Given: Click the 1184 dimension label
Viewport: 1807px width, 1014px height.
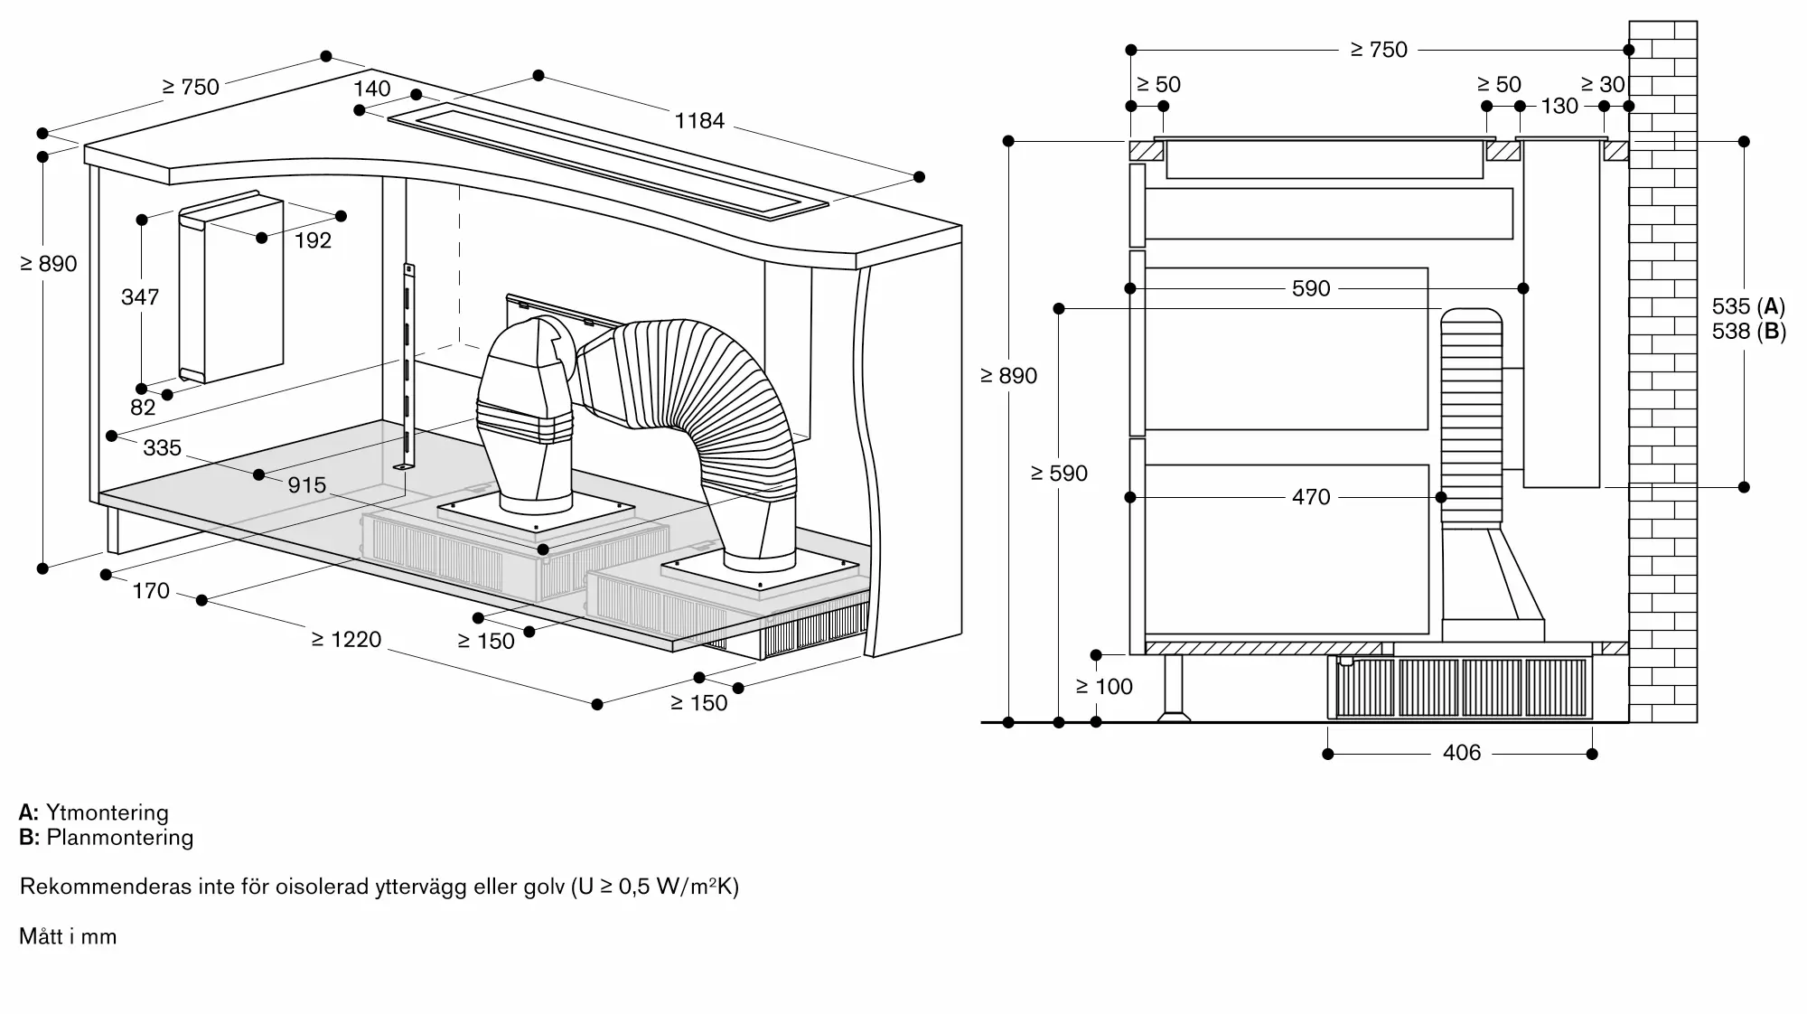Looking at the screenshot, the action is [699, 120].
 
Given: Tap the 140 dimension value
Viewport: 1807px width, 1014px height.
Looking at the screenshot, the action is [372, 89].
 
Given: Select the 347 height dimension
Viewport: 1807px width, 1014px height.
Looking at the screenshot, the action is [140, 296].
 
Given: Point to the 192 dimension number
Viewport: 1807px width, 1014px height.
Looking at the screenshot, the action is [314, 240].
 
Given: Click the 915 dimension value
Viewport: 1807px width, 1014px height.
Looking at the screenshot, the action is [307, 485].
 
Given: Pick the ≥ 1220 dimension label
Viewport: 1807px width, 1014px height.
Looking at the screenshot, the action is [347, 640].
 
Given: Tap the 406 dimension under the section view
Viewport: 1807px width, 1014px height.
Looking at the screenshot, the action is [1462, 753].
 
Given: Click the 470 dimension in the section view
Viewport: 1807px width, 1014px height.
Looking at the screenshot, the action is [1311, 497].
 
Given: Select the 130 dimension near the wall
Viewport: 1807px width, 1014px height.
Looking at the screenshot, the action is [1559, 106].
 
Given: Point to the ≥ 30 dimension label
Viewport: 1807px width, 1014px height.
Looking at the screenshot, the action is [1604, 84].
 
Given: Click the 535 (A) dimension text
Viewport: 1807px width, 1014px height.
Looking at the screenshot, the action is [1749, 306].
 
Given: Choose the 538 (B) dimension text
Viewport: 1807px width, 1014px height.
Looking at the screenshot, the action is [1749, 332].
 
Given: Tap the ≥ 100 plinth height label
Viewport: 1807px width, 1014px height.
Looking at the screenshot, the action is [1104, 687].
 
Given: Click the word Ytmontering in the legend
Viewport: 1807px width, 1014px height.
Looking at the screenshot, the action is [108, 812].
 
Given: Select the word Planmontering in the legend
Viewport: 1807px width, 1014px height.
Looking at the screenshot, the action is [120, 837].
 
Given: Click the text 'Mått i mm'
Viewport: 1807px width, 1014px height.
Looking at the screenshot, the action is [69, 936].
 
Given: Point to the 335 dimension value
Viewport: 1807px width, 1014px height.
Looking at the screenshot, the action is [163, 447].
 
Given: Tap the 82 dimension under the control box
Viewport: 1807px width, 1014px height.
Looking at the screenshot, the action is [143, 408].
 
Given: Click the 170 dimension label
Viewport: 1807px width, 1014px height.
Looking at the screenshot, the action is [151, 591].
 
